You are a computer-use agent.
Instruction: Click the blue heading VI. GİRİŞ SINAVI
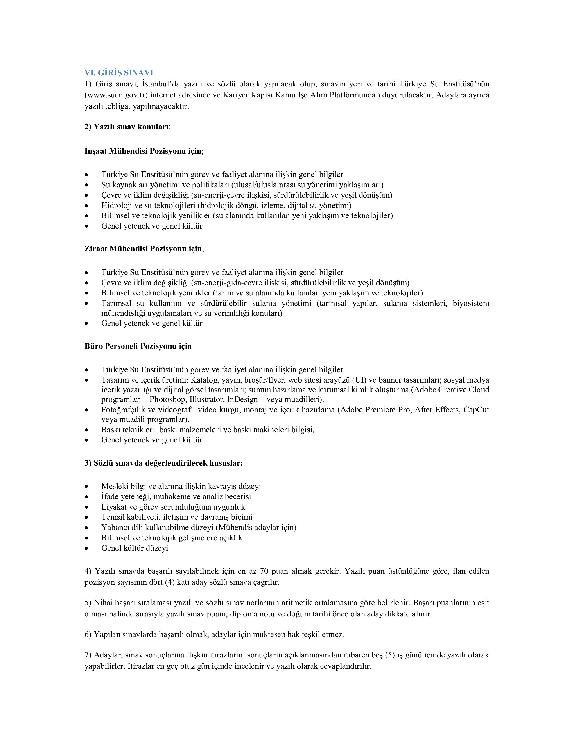(119, 73)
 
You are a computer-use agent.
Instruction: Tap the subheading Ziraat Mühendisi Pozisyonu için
(144, 249)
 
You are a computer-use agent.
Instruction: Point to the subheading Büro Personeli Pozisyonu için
(138, 346)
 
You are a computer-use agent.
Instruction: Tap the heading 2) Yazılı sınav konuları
(127, 127)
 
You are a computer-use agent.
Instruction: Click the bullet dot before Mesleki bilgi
(87, 487)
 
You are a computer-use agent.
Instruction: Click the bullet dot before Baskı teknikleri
(87, 430)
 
